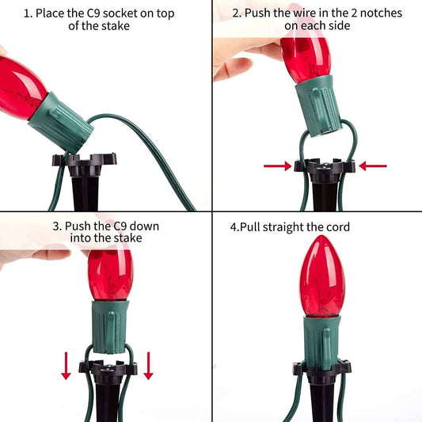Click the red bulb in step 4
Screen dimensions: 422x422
(x=322, y=276)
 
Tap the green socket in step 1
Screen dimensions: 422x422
(x=61, y=123)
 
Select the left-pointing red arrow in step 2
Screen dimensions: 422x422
(x=373, y=166)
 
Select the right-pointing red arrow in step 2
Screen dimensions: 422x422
(x=277, y=166)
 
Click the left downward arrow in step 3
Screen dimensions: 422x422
(x=66, y=366)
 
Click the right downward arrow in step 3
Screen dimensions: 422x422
(x=148, y=366)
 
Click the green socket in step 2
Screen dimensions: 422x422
(x=318, y=106)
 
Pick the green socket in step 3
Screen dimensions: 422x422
(x=110, y=327)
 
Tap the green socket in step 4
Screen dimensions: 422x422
(x=321, y=343)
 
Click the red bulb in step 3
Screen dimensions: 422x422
(x=111, y=275)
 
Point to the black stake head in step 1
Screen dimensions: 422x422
(x=85, y=164)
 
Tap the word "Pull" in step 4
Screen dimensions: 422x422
(x=249, y=227)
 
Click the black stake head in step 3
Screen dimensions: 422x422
(x=108, y=372)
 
